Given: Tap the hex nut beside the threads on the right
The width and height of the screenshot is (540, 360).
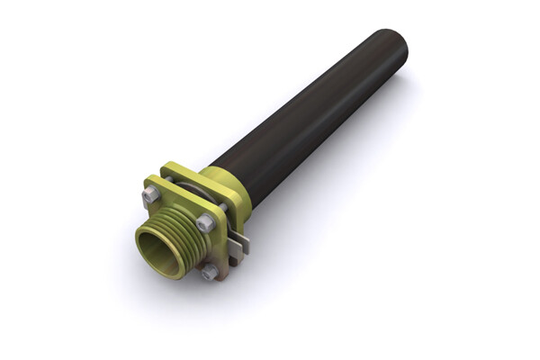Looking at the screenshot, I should point(206,223).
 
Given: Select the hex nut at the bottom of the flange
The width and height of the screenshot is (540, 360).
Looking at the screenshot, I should point(210,271).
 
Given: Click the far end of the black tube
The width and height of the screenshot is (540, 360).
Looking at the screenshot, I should point(392,49).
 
